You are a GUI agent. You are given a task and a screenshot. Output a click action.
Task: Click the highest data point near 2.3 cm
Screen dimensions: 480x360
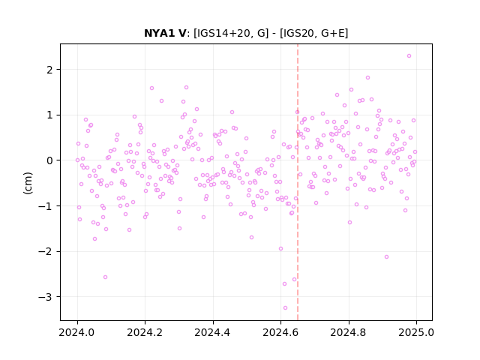pos(409,56)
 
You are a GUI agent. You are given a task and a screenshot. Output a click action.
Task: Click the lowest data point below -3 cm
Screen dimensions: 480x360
pos(285,308)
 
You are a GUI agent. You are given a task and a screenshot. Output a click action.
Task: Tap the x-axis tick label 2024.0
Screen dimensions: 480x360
pos(77,332)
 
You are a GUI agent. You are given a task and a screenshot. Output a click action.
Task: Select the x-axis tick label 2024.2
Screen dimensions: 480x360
pos(145,332)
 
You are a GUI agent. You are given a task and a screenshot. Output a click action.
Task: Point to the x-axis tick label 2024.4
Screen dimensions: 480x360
pos(213,332)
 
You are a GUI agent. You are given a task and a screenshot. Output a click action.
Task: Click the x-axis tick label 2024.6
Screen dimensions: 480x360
pos(280,332)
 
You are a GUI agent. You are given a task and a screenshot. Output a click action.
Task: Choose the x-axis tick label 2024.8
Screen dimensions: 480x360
pos(348,332)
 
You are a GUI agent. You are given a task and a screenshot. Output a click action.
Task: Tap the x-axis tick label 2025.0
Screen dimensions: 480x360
pos(416,332)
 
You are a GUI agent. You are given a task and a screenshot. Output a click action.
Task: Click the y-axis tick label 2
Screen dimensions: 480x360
pos(49,70)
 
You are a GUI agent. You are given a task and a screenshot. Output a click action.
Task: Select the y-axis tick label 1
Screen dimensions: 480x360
pos(49,115)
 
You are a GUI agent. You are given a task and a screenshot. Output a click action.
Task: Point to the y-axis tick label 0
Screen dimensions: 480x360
pos(49,160)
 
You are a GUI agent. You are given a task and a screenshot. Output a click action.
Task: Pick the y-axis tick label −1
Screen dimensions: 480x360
pos(45,206)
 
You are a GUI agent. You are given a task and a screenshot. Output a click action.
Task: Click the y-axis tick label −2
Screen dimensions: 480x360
pos(45,252)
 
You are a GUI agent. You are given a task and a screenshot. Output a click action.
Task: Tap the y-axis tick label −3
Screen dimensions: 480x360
pos(45,297)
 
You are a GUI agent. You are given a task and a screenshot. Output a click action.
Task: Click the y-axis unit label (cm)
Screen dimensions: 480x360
pos(28,183)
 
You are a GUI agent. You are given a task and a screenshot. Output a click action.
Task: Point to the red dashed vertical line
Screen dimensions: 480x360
pos(298,182)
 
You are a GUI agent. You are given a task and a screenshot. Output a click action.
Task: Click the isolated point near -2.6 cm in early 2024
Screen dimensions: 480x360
pos(105,277)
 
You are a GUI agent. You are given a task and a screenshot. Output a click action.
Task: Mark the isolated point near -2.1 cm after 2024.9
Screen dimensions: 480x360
pos(387,256)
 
